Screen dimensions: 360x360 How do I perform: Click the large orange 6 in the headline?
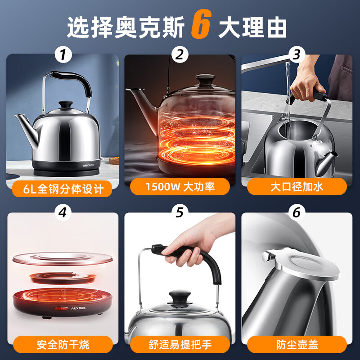201,24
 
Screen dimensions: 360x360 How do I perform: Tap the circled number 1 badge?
63,54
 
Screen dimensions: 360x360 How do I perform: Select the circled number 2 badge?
180,54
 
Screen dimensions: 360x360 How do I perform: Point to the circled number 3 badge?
297,54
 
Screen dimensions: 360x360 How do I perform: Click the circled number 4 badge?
63,212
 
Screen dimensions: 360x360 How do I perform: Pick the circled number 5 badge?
180,212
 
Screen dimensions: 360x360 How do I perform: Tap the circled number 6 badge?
297,212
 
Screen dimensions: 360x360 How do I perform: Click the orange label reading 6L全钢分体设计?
62,189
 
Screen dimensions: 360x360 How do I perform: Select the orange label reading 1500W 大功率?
180,186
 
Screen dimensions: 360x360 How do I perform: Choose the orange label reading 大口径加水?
297,186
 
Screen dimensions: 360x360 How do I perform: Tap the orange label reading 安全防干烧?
63,344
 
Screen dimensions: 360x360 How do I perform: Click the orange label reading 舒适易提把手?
180,344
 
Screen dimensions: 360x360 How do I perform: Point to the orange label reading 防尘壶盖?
297,344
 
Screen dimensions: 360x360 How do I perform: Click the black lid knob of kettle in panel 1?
66,105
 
